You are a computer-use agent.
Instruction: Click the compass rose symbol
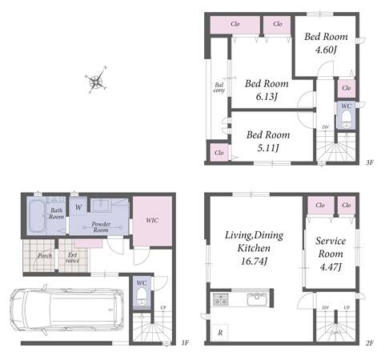pyautogui.click(x=96, y=80)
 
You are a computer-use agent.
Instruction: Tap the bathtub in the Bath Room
pyautogui.click(x=37, y=216)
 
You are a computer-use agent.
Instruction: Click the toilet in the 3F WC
pyautogui.click(x=347, y=118)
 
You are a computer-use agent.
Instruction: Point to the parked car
pyautogui.click(x=66, y=310)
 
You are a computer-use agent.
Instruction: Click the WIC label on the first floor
pyautogui.click(x=152, y=220)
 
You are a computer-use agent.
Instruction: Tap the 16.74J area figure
pyautogui.click(x=254, y=261)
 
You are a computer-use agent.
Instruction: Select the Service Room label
pyautogui.click(x=331, y=247)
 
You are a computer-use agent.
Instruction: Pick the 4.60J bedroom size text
pyautogui.click(x=326, y=50)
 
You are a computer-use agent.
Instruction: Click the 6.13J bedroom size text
pyautogui.click(x=267, y=97)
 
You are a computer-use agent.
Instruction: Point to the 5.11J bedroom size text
pyautogui.click(x=268, y=148)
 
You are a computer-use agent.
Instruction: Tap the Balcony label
pyautogui.click(x=219, y=88)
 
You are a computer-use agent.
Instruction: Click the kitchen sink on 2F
pyautogui.click(x=257, y=299)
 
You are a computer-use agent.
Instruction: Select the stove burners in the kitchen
pyautogui.click(x=220, y=299)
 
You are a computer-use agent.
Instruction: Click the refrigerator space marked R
pyautogui.click(x=219, y=332)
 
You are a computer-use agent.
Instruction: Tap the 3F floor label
pyautogui.click(x=369, y=162)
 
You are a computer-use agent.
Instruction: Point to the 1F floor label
pyautogui.click(x=185, y=342)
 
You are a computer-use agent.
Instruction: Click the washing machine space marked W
pyautogui.click(x=78, y=207)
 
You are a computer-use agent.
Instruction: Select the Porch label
pyautogui.click(x=45, y=256)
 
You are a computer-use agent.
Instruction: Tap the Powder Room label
pyautogui.click(x=101, y=227)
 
